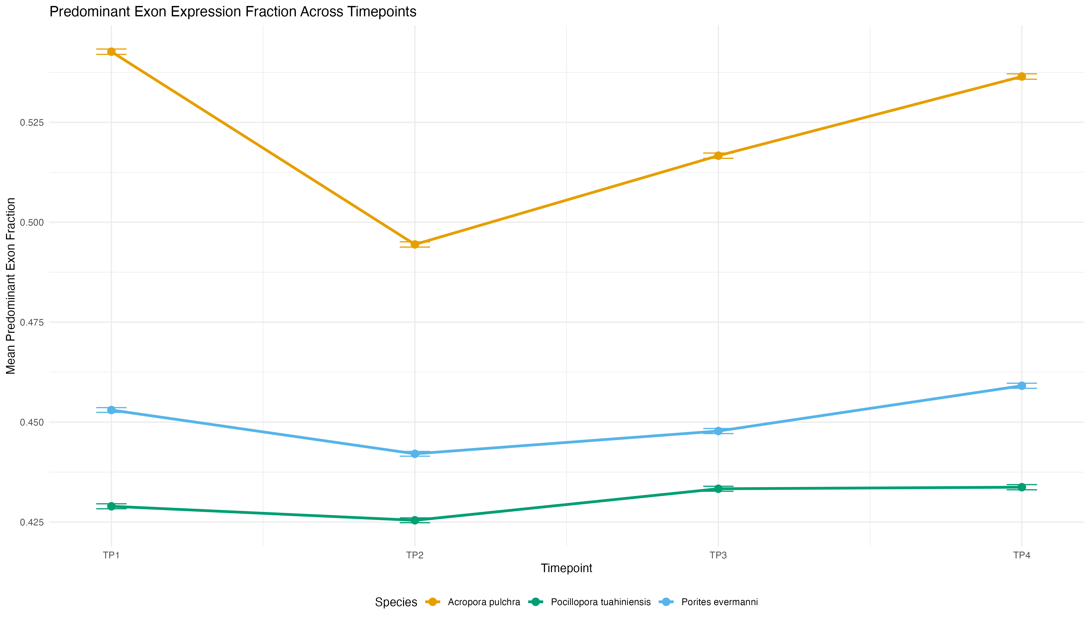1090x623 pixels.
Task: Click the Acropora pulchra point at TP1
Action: [x=111, y=52]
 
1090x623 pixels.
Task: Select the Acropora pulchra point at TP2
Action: [x=414, y=244]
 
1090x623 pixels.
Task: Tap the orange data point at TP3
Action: [x=718, y=156]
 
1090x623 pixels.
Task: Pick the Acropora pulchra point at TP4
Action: [x=1021, y=77]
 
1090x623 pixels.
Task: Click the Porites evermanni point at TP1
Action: [x=111, y=410]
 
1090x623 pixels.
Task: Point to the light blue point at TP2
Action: [x=414, y=453]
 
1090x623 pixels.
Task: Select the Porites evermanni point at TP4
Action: [x=1021, y=385]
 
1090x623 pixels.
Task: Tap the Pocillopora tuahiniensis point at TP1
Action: [x=111, y=506]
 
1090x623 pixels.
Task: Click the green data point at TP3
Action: [x=718, y=489]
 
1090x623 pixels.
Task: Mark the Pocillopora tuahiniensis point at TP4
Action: [x=1021, y=487]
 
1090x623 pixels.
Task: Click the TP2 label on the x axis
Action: [x=414, y=556]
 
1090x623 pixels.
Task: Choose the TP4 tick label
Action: [x=1021, y=556]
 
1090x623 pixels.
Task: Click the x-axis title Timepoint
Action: [x=566, y=568]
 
